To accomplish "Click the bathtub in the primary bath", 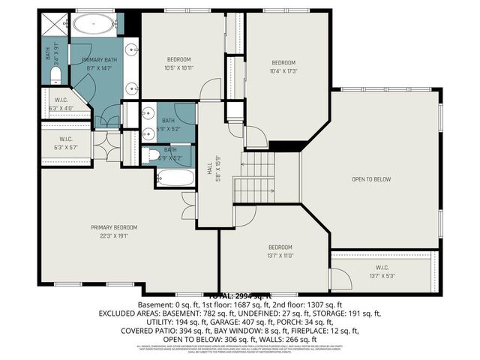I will (93, 23).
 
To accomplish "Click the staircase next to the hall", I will (259, 176).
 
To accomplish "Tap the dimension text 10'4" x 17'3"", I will (284, 70).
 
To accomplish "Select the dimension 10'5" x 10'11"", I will (179, 67).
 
